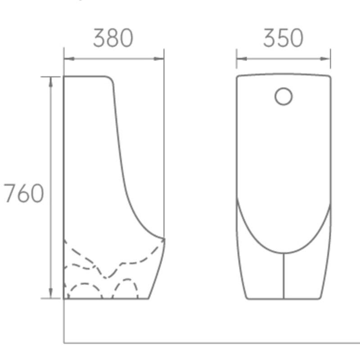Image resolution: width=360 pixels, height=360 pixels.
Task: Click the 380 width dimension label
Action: click(113, 38)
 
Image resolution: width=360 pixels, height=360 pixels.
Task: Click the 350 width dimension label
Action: click(283, 38)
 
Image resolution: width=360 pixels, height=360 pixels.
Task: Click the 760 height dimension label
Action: click(24, 194)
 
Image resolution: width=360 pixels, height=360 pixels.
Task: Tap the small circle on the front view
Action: click(283, 96)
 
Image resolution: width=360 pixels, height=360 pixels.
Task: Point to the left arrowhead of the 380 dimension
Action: click(67, 58)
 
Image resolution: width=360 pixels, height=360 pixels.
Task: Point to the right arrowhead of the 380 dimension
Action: click(161, 58)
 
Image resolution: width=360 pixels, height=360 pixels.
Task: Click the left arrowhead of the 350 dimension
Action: click(239, 58)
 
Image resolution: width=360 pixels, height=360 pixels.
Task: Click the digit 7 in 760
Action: click(10, 194)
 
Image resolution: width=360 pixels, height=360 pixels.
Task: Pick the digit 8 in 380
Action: click(113, 38)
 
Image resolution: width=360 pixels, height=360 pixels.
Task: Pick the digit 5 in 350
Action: click(283, 38)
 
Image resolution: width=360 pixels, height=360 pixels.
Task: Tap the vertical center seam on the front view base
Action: click(283, 277)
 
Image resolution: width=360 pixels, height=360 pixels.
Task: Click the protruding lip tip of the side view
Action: click(164, 238)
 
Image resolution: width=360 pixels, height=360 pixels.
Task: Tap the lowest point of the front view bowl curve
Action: click(283, 253)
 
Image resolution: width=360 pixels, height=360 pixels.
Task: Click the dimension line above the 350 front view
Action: click(283, 58)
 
